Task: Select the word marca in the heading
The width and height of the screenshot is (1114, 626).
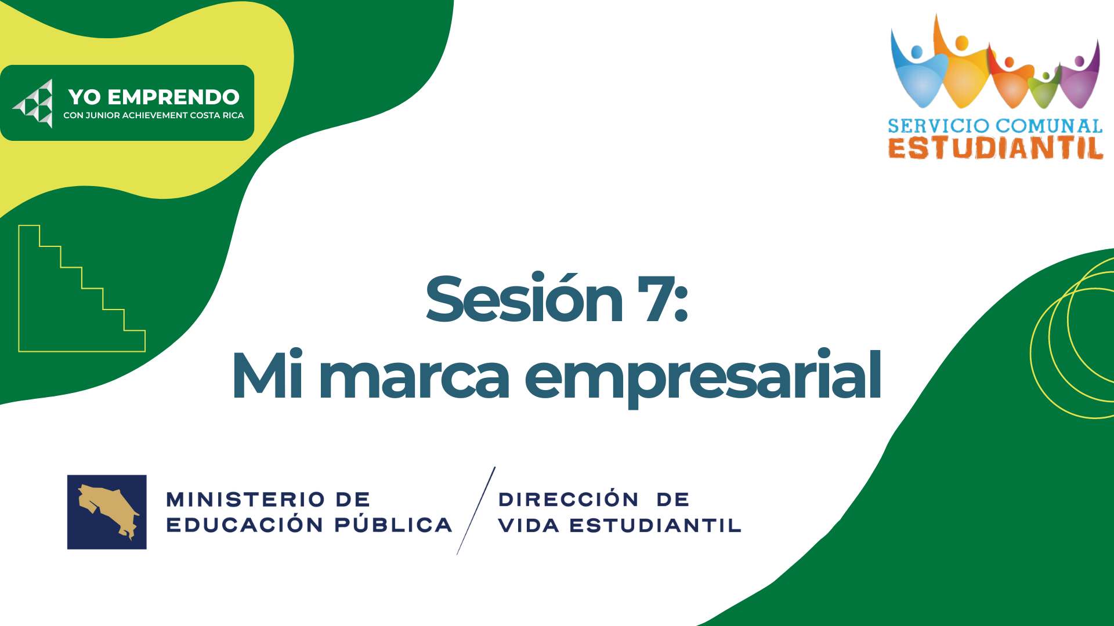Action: click(x=414, y=376)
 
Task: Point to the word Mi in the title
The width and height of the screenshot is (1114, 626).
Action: click(x=267, y=374)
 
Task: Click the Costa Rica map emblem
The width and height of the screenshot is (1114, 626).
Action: click(x=107, y=512)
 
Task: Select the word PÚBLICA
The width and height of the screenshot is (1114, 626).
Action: click(x=394, y=524)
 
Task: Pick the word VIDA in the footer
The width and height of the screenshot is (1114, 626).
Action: click(x=529, y=525)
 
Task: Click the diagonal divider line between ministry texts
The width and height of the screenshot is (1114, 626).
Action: click(x=476, y=511)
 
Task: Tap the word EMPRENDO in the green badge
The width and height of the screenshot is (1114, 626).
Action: click(x=173, y=97)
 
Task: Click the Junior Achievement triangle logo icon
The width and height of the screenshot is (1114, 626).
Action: click(x=34, y=103)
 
